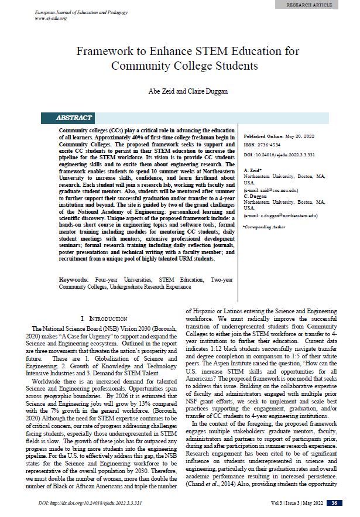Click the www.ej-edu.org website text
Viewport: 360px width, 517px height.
51,18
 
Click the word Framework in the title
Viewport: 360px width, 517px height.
105,52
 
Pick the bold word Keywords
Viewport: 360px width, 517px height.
74,280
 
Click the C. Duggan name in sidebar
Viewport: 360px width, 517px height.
256,196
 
